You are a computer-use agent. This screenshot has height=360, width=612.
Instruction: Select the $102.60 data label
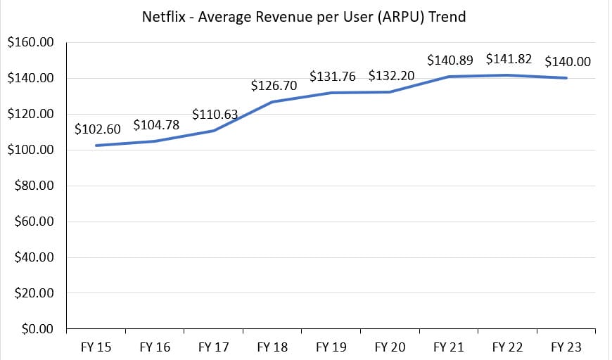97,129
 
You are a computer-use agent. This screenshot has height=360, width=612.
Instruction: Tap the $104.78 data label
156,125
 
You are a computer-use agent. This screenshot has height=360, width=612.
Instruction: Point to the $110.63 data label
215,114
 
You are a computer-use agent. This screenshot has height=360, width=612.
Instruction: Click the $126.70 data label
274,86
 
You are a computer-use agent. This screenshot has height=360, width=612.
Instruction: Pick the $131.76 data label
333,76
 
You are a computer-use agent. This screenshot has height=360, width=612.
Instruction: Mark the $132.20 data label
391,76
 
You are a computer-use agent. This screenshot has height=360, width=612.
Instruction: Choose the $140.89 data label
450,60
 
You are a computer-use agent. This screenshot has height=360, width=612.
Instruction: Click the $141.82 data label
509,58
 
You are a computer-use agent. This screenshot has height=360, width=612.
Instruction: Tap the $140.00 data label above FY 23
568,62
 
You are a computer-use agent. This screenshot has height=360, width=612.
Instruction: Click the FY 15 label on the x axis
96,347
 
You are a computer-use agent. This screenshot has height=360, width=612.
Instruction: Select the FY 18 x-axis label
273,347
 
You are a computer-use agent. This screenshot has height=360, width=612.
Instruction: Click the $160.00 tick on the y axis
30,43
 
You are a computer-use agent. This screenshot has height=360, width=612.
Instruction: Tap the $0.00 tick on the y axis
36,329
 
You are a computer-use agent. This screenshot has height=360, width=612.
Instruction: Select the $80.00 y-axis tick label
33,186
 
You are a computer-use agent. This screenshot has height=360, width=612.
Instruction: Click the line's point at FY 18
273,102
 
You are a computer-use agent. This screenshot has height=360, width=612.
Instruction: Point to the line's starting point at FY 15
96,146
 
